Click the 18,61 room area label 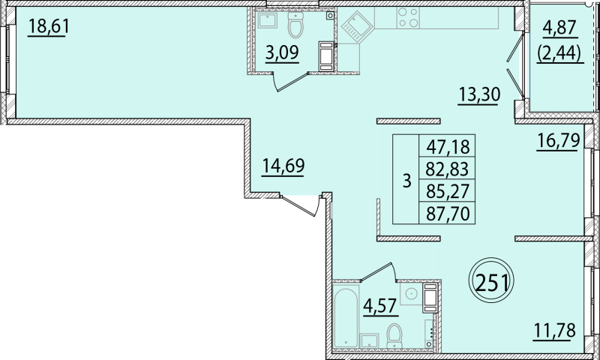tap(46, 27)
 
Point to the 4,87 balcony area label tap(559, 29)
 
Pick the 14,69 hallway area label tap(283, 166)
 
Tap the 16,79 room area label tap(557, 141)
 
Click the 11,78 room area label tap(555, 330)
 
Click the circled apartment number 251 tap(491, 282)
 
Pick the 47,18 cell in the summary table tap(447, 145)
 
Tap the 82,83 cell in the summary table tap(447, 168)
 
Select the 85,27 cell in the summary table tap(447, 190)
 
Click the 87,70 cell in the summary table tap(447, 213)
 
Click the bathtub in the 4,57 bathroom tap(346, 316)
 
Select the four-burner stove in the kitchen tap(408, 17)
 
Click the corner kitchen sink tap(356, 28)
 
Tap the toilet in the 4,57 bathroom tap(394, 335)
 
